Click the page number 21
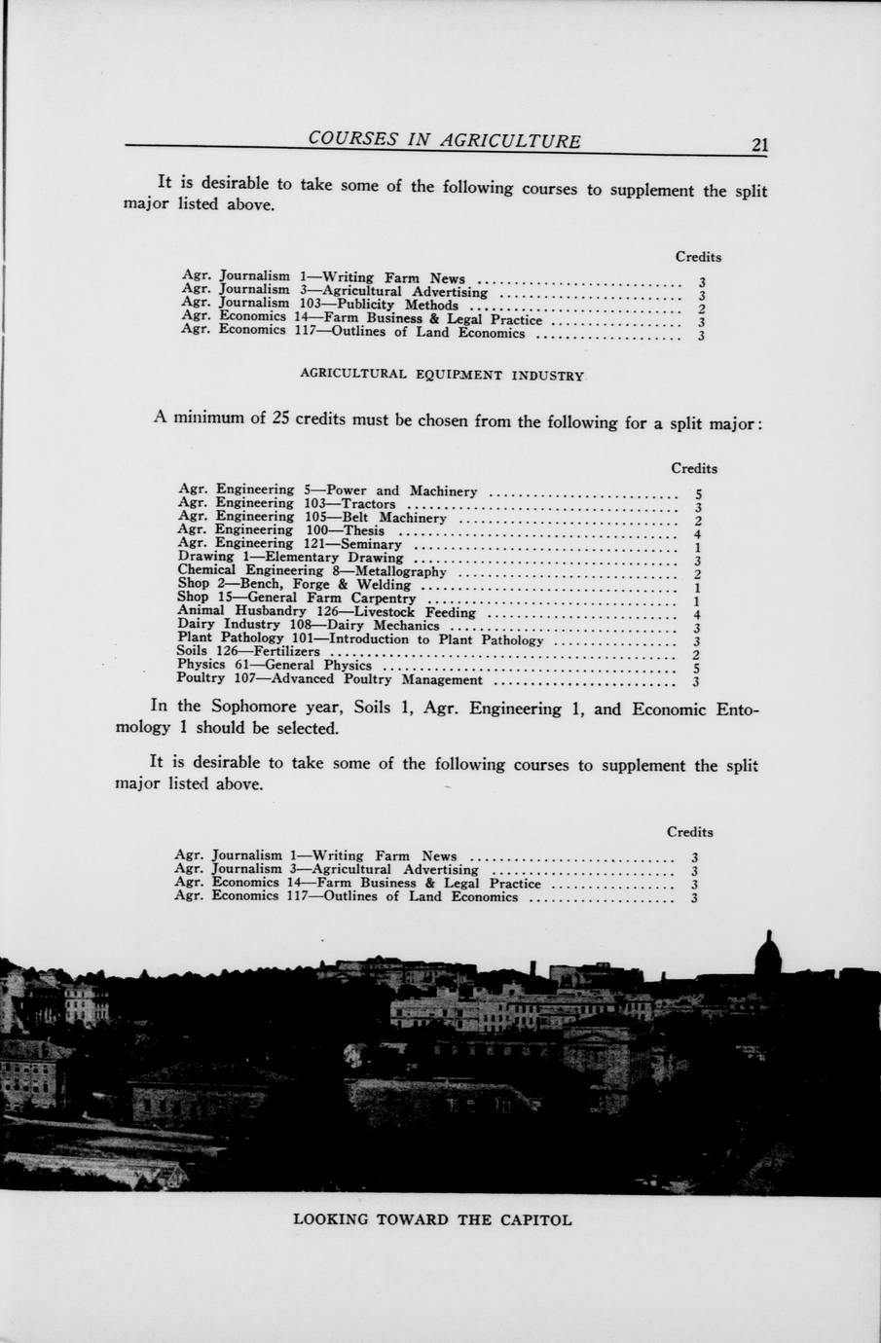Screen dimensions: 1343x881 (x=759, y=145)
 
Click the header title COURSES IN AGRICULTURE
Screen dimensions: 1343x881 (x=444, y=140)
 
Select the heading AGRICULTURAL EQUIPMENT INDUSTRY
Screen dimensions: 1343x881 (x=442, y=375)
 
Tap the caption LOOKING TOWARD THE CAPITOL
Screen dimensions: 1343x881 (x=432, y=1219)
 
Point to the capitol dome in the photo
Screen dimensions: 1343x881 (x=768, y=954)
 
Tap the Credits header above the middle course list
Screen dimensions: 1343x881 (x=694, y=468)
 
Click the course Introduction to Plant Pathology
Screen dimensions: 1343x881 (x=436, y=639)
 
